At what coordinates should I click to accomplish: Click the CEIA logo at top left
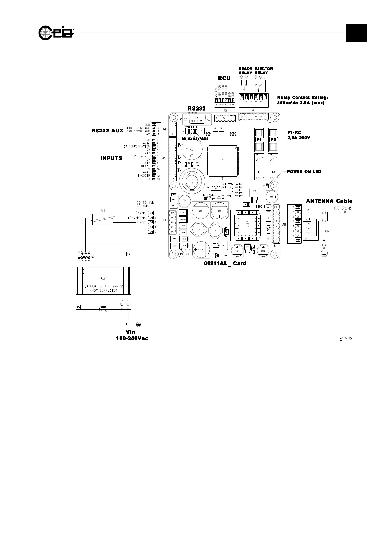56,32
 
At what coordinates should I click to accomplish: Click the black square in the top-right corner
356,33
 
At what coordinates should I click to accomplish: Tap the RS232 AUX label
107,131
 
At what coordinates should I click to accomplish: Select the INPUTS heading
111,158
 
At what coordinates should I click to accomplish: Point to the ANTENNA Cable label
329,201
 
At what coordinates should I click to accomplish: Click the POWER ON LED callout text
303,172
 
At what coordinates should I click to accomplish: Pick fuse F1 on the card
259,139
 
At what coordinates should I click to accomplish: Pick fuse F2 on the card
273,139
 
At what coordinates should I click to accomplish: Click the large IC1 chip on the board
222,161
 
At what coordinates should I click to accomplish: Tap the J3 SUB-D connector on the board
196,119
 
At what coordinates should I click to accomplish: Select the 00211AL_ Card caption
225,263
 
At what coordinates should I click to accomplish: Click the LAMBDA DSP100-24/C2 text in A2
103,286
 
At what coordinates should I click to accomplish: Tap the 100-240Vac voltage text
132,339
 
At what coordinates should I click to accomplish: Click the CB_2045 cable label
343,208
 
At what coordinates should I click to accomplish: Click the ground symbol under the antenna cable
324,253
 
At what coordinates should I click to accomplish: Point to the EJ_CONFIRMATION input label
135,146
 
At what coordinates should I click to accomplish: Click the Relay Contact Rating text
302,97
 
